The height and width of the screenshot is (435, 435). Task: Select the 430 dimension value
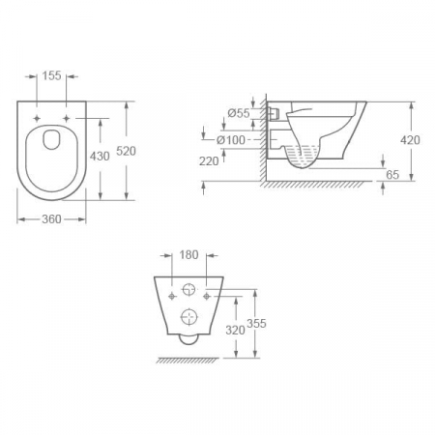(x=100, y=156)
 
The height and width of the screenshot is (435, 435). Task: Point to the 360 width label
(x=51, y=219)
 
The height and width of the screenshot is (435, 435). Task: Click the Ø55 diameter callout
(x=239, y=113)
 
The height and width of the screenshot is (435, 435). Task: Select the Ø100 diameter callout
(x=234, y=140)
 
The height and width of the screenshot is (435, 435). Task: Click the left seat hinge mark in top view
(x=38, y=117)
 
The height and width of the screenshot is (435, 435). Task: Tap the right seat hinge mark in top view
(x=68, y=117)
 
